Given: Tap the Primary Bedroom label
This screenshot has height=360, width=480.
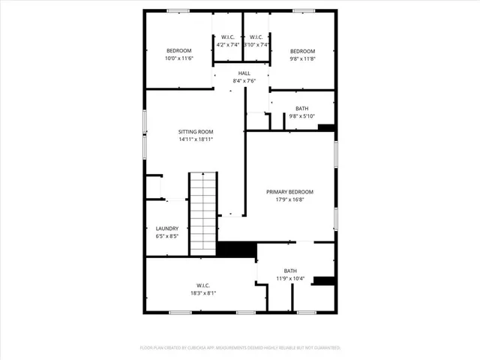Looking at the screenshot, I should click(x=289, y=192).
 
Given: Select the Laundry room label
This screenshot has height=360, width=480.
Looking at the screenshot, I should click(x=166, y=229).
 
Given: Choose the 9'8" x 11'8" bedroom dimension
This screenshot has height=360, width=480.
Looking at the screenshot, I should click(x=303, y=58).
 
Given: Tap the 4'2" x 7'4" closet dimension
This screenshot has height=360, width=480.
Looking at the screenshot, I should click(x=227, y=45).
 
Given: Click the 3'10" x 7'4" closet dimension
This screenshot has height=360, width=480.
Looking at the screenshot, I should click(x=256, y=45).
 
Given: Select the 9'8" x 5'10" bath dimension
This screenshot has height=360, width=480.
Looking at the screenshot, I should click(x=302, y=115).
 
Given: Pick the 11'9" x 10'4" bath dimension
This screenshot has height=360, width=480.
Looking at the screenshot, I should click(x=289, y=278).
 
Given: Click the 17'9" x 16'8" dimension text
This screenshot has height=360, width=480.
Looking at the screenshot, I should click(x=289, y=200).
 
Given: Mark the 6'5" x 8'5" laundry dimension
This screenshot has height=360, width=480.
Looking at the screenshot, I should click(x=166, y=237).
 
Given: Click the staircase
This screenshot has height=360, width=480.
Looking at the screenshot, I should click(x=202, y=214).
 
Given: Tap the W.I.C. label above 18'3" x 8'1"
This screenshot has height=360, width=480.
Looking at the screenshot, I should click(x=202, y=285).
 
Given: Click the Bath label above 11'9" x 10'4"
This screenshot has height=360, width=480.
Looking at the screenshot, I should click(x=289, y=270).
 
